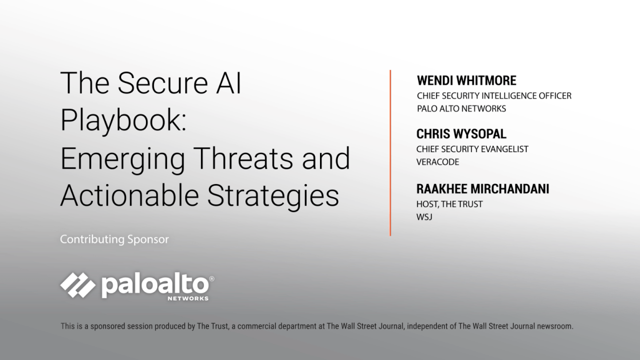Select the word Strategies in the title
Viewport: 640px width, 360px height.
273,195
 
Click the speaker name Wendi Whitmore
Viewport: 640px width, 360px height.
466,81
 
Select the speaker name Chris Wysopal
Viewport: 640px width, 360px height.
461,134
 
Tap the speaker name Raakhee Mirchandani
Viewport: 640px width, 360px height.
482,189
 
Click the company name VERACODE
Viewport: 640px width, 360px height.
437,162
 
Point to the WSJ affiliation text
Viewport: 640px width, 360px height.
424,217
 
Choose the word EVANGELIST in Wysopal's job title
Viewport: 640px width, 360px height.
504,149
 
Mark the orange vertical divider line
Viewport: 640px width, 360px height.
390,152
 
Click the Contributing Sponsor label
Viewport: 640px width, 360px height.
114,239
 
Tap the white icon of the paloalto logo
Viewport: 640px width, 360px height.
78,284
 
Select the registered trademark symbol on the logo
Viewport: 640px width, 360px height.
211,278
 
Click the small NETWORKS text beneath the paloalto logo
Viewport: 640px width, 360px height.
188,298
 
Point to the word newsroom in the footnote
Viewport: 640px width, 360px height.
554,326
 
